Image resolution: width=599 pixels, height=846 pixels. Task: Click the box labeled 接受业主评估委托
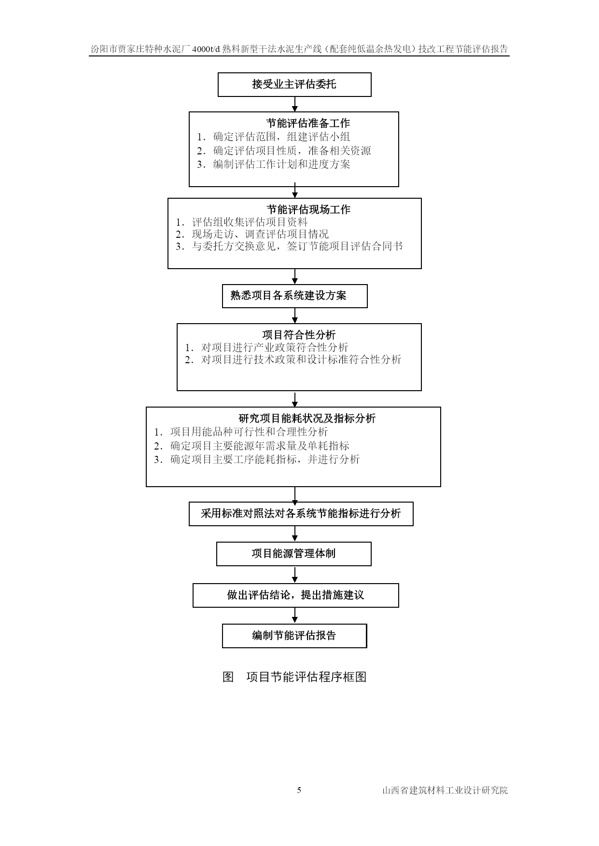[294, 85]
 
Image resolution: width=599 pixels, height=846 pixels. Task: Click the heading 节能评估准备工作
[308, 123]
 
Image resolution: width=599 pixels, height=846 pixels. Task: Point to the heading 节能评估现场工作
[308, 210]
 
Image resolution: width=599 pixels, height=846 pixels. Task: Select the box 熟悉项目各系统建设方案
[294, 296]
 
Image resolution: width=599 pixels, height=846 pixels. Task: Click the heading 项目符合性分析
[299, 335]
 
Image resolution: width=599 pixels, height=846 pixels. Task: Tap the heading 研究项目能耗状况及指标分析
[307, 419]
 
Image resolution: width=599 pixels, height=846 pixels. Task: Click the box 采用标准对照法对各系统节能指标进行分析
[301, 514]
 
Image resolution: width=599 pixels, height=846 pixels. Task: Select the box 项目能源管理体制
[293, 554]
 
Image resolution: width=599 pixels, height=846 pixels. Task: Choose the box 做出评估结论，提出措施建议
[295, 595]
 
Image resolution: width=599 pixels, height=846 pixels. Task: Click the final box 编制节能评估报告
[294, 636]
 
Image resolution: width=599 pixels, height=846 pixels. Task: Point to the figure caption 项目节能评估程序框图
[306, 677]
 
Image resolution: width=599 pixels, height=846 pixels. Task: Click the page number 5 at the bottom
[299, 790]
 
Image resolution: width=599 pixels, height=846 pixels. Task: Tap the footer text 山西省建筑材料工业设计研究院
[445, 791]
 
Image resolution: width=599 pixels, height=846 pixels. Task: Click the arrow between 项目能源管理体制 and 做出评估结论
[295, 574]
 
